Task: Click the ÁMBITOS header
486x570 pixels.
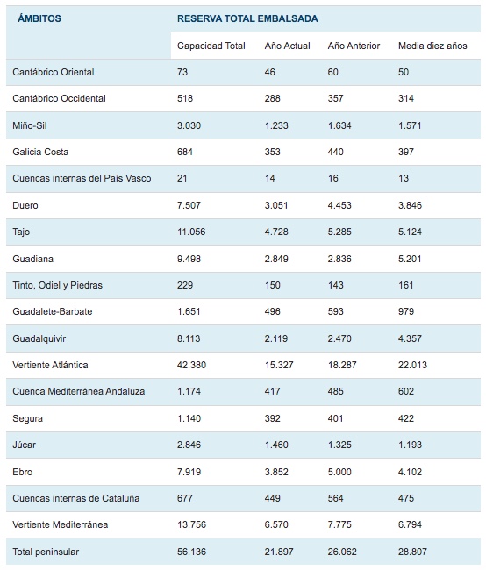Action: [x=39, y=18]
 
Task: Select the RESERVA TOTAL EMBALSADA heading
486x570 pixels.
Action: [x=247, y=18]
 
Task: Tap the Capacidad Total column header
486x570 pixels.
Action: [x=211, y=46]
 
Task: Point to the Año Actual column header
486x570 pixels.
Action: [x=287, y=46]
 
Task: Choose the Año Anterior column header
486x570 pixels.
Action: [x=354, y=46]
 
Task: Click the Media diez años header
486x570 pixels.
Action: [x=432, y=46]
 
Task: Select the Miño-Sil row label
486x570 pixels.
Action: [x=30, y=125]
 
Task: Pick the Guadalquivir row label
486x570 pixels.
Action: [x=39, y=338]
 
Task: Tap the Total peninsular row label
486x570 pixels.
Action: [x=46, y=552]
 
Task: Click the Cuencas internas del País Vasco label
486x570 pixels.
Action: [x=82, y=178]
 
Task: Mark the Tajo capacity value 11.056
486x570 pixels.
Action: [x=191, y=232]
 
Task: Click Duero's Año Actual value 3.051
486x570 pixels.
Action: [x=276, y=205]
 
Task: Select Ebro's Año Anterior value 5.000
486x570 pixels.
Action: [x=339, y=472]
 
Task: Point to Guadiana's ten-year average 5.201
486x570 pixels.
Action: [x=410, y=259]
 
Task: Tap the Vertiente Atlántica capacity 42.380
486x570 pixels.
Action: [x=191, y=365]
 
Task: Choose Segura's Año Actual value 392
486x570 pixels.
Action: [x=272, y=418]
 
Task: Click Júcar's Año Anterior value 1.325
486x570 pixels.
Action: [x=339, y=445]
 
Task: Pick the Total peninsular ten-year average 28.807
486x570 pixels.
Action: [x=412, y=552]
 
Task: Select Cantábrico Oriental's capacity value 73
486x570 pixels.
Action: [x=182, y=72]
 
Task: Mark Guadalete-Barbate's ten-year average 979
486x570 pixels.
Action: [x=406, y=311]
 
